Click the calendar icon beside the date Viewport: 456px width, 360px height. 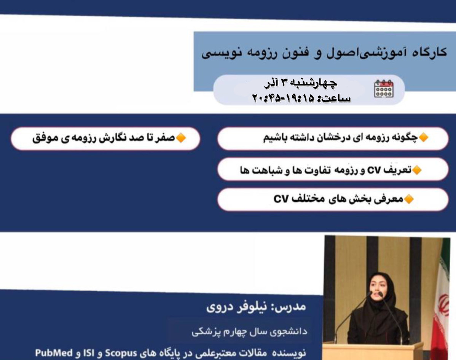point(384,89)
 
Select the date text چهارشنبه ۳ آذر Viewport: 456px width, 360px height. point(301,82)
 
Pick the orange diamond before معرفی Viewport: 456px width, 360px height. point(408,199)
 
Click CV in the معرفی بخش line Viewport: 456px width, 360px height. point(282,199)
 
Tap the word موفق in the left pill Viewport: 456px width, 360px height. point(42,138)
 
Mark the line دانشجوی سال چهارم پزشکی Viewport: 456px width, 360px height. point(249,331)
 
